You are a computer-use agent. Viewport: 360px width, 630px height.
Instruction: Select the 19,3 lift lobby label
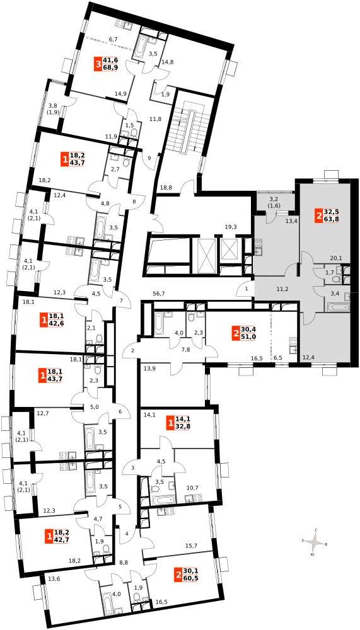[231, 227]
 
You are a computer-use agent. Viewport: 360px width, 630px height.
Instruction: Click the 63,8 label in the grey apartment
[331, 219]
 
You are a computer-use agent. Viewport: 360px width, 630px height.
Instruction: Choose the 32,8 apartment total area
[183, 427]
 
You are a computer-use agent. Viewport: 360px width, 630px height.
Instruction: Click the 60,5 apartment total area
[190, 578]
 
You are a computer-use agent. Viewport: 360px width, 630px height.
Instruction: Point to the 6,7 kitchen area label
[113, 39]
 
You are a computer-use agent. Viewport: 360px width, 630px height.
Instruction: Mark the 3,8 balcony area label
[54, 106]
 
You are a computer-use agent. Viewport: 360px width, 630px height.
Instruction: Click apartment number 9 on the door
[149, 158]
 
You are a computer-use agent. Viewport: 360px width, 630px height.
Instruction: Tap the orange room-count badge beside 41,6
[98, 64]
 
